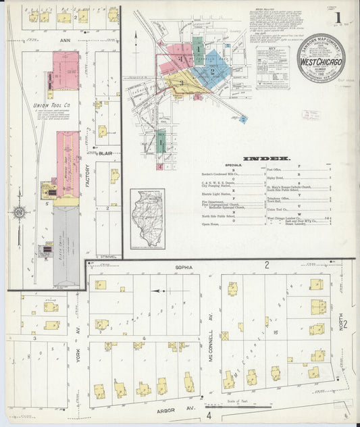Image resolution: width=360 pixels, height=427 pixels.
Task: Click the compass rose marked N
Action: click(20, 214)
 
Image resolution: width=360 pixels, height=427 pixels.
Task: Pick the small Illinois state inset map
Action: click(145, 219)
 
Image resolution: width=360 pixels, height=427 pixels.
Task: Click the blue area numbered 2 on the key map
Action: click(211, 70)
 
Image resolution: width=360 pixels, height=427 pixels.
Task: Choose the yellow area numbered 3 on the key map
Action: click(181, 83)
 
